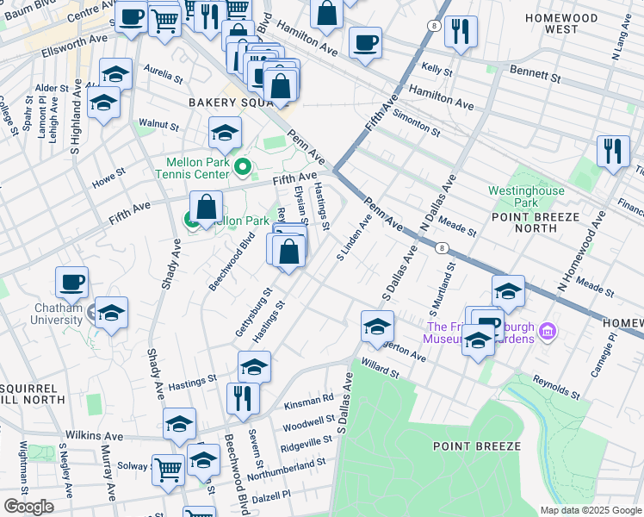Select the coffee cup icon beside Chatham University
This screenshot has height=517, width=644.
[72, 282]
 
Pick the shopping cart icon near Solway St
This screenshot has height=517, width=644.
[168, 469]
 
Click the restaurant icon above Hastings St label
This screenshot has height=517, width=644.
[243, 397]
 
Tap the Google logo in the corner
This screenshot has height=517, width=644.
[28, 506]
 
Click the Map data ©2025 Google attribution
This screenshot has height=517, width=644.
[591, 510]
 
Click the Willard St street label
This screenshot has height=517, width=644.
[381, 368]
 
